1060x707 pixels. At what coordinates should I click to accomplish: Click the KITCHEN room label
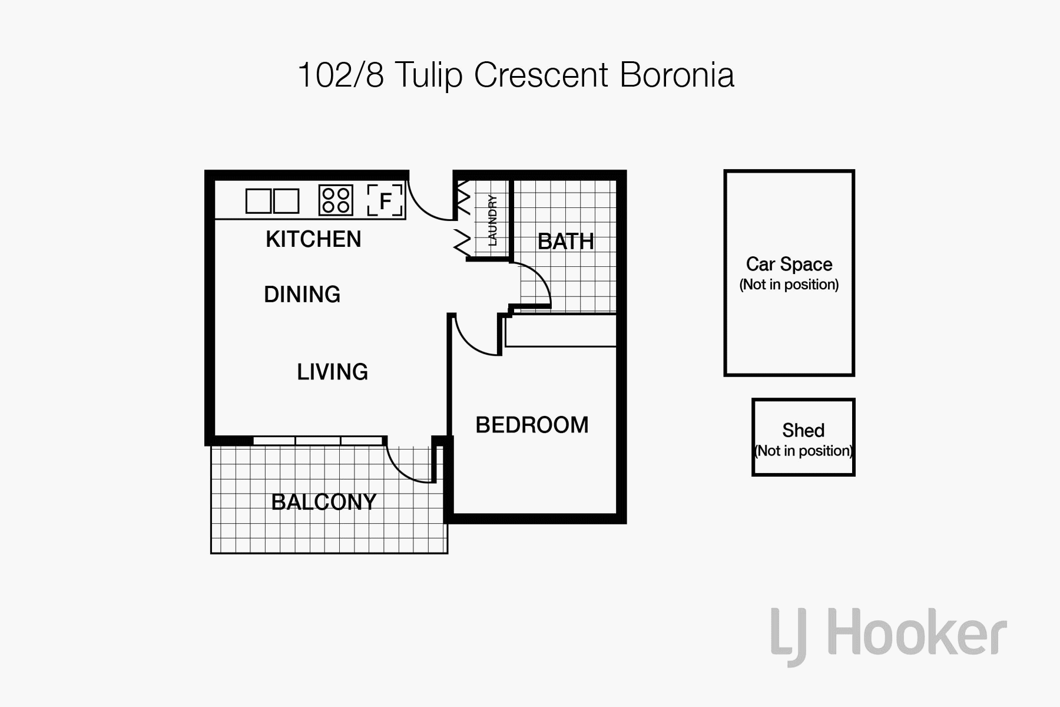tap(313, 239)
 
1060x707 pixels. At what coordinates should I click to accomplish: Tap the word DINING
tap(302, 295)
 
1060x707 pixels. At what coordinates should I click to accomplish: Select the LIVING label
tap(333, 372)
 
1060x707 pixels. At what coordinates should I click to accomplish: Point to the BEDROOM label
tap(532, 425)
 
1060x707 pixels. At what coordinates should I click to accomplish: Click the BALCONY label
tap(324, 502)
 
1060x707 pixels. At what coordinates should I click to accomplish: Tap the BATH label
tap(566, 242)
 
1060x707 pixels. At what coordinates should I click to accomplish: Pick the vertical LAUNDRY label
tap(492, 220)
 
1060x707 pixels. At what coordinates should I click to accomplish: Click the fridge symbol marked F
tap(385, 200)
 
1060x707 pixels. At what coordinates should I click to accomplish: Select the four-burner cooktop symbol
tap(336, 200)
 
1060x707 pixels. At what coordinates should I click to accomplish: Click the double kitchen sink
tap(272, 201)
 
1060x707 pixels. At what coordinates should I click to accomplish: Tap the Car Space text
tap(789, 264)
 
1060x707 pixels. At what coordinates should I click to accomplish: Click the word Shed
tap(803, 430)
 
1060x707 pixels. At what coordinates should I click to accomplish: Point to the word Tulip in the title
tap(429, 75)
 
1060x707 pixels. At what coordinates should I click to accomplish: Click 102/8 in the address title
tap(341, 75)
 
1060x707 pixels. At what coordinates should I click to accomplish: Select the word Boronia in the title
tap(677, 75)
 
